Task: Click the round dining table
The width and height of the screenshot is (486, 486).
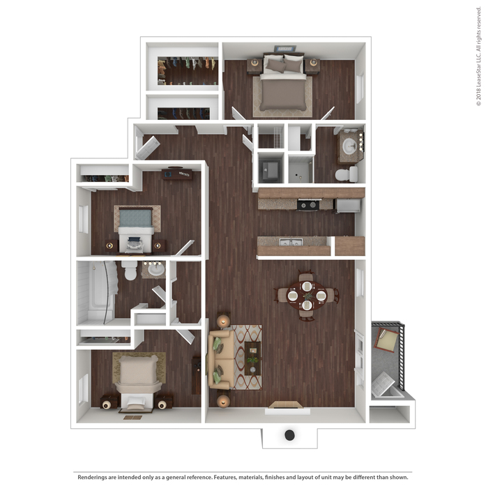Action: [x=306, y=296]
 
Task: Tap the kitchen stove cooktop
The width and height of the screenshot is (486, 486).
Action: [x=308, y=205]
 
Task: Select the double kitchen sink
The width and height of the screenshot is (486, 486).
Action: [x=291, y=242]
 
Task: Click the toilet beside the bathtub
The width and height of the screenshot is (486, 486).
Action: [x=129, y=271]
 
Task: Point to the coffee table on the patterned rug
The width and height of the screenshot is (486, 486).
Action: [x=252, y=358]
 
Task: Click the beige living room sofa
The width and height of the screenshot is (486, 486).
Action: [x=220, y=360]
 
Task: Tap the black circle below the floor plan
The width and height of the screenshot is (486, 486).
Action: [x=289, y=435]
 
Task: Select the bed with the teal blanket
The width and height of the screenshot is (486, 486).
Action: [x=136, y=229]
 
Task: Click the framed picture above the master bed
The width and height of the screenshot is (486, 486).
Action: [x=285, y=49]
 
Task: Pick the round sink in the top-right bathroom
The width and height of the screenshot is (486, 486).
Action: [x=349, y=145]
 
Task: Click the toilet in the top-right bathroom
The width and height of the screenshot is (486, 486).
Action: [x=347, y=174]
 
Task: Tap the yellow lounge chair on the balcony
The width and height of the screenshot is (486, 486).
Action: [x=386, y=340]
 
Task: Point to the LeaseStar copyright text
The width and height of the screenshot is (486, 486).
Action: [x=479, y=56]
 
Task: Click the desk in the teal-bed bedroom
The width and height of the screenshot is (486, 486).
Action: [x=177, y=174]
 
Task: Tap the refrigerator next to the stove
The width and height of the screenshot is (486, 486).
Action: [x=348, y=206]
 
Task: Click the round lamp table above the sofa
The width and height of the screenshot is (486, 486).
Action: [x=223, y=321]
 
